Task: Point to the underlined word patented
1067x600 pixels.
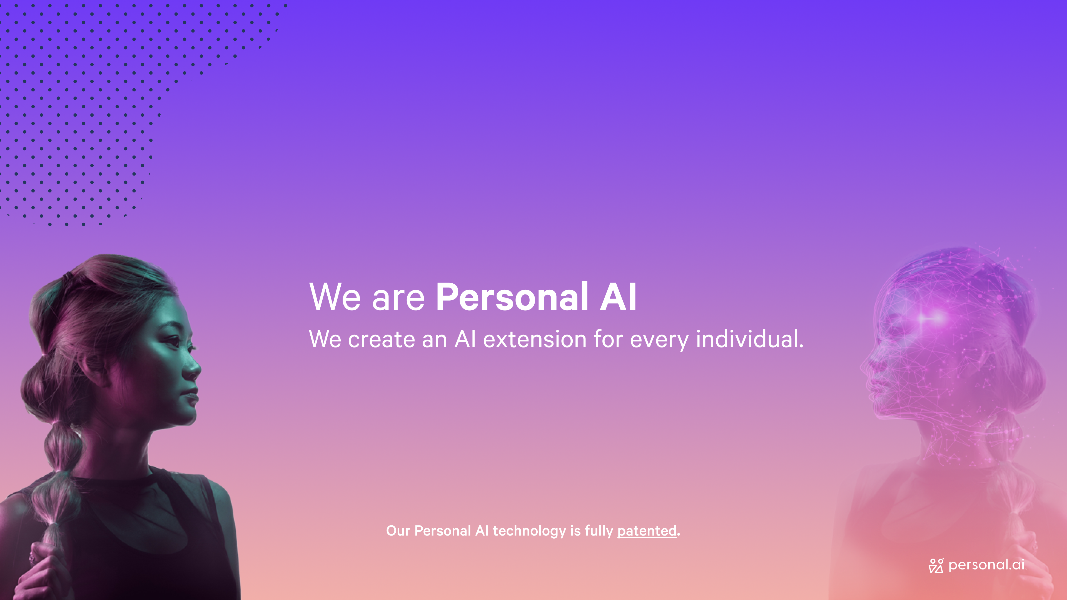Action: [x=647, y=531]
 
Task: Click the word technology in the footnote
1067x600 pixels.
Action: [x=529, y=531]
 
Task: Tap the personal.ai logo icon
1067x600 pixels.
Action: [x=936, y=566]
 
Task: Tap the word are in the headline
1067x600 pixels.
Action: [x=398, y=300]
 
